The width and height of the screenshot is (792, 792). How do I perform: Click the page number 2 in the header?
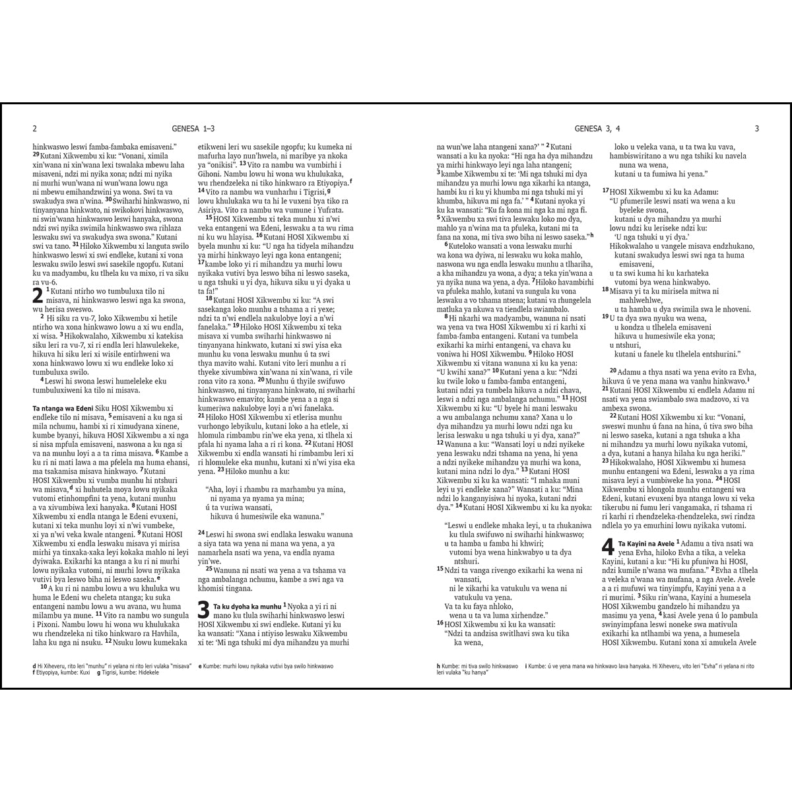[34, 129]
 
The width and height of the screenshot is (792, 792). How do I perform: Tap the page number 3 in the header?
[757, 129]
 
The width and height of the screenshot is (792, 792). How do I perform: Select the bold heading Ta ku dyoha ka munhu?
[247, 605]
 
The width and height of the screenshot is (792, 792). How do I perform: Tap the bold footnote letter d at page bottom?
[34, 667]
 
